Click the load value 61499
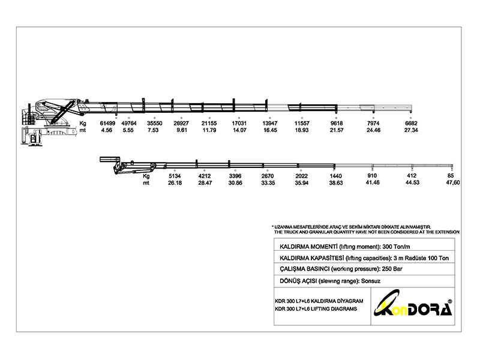click(107, 123)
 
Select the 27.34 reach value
click(411, 130)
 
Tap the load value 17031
click(239, 123)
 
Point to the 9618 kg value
click(337, 123)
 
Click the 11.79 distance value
click(209, 130)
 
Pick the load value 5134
click(175, 176)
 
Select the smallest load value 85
click(451, 176)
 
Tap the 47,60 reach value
click(453, 183)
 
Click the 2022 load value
click(302, 176)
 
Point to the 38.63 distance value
click(336, 183)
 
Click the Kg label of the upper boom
click(83, 124)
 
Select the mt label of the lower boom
click(146, 183)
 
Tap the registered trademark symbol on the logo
click(449, 301)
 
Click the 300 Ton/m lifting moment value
click(396, 247)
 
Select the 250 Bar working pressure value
click(392, 269)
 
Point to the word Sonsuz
click(371, 281)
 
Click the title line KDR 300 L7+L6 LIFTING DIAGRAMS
click(316, 309)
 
